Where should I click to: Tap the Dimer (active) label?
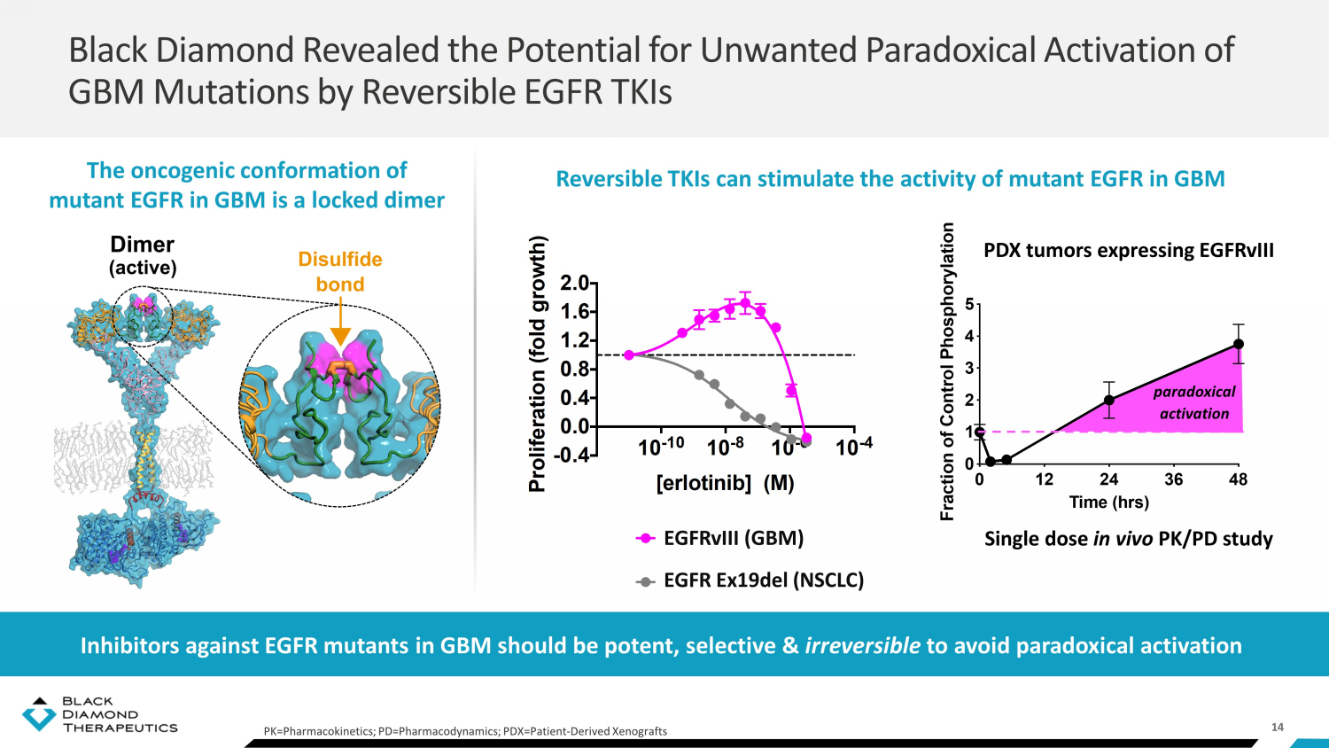click(x=143, y=255)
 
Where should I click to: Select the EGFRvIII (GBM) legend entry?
click(x=733, y=538)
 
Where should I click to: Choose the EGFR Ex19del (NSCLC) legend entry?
click(x=763, y=580)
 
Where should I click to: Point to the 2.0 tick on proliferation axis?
click(x=575, y=284)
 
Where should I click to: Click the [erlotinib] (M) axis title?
click(x=725, y=483)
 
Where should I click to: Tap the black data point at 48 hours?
click(x=1239, y=344)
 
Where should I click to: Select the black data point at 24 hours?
click(x=1108, y=400)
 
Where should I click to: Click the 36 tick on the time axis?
click(x=1174, y=479)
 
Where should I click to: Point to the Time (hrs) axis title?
click(x=1108, y=503)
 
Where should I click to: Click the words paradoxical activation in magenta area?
click(x=1194, y=402)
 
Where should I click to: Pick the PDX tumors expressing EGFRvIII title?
click(x=1129, y=251)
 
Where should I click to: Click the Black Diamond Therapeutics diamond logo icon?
click(x=38, y=714)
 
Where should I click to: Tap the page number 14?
click(x=1278, y=727)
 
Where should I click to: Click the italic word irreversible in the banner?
click(x=862, y=645)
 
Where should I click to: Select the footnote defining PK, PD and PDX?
click(x=465, y=731)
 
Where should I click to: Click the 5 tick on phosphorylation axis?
click(x=969, y=305)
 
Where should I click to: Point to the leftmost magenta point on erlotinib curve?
click(x=629, y=355)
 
